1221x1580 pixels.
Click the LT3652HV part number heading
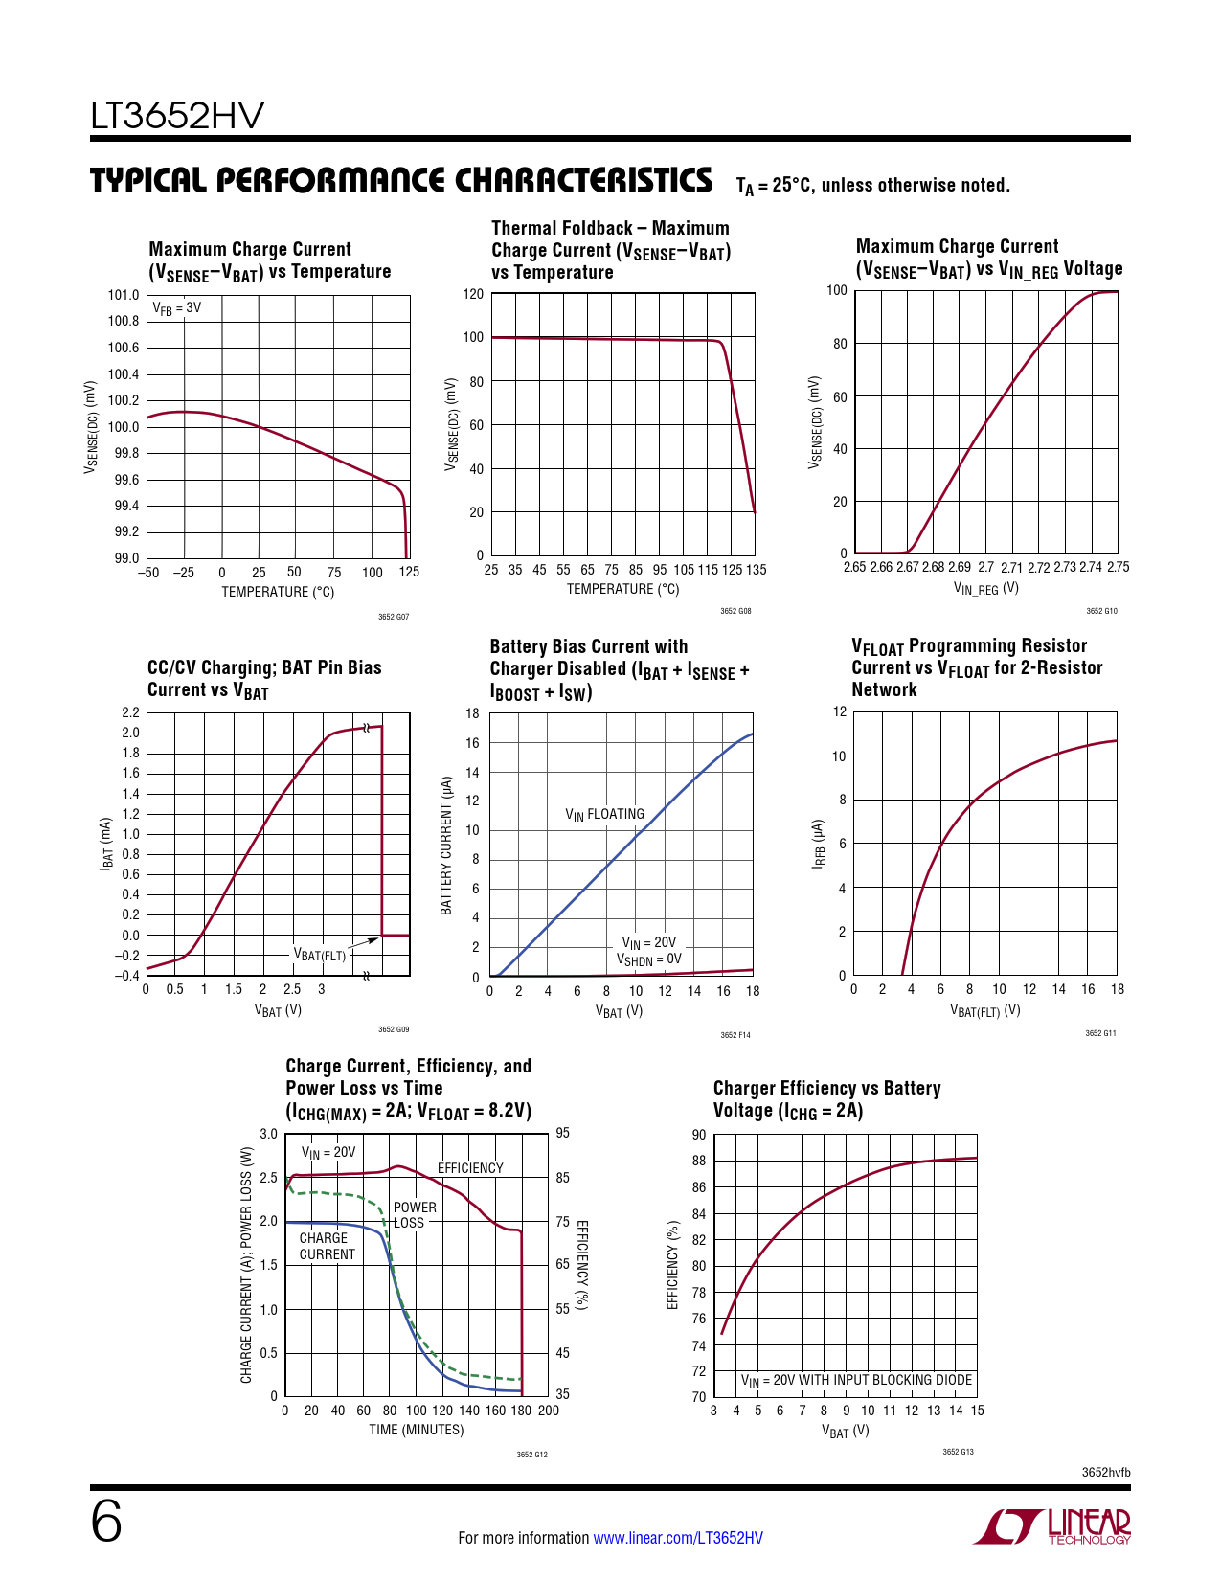(x=177, y=117)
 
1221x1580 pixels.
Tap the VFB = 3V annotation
(x=177, y=308)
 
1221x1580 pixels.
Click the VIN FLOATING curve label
(x=604, y=815)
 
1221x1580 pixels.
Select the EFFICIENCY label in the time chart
(x=470, y=1168)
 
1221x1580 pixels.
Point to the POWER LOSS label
(x=414, y=1215)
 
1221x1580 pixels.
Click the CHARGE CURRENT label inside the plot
(x=327, y=1246)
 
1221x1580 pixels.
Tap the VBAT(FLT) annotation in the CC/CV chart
(x=319, y=955)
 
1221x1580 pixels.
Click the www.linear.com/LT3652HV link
(x=678, y=1538)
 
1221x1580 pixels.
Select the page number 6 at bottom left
(x=106, y=1522)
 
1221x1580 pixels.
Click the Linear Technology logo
(x=1052, y=1526)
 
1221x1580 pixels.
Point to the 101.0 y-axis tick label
(x=124, y=295)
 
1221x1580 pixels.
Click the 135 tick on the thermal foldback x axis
(x=756, y=570)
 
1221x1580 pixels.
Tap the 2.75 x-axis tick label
(x=1118, y=567)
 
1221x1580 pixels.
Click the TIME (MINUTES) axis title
(x=417, y=1430)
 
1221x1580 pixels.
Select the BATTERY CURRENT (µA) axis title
(x=446, y=845)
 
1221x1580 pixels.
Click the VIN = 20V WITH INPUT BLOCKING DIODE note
(x=856, y=1381)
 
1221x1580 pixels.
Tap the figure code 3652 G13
(x=958, y=1452)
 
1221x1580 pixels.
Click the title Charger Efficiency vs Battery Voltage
(x=826, y=1099)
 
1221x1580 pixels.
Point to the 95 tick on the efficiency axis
(x=562, y=1134)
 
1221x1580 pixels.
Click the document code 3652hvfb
(x=1106, y=1472)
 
